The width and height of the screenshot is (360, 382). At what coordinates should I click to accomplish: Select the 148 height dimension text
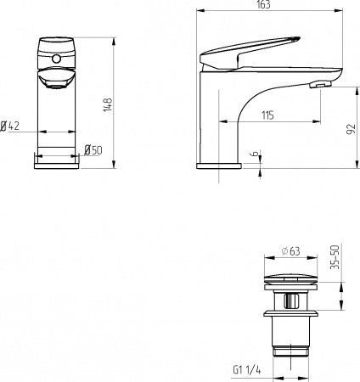pyautogui.click(x=108, y=104)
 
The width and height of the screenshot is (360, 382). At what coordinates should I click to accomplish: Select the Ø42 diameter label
pyautogui.click(x=10, y=126)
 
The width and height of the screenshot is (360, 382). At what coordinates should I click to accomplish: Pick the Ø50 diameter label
pyautogui.click(x=93, y=150)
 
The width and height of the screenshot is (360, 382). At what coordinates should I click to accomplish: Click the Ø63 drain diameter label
pyautogui.click(x=291, y=251)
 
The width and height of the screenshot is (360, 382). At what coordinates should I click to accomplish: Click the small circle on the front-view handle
pyautogui.click(x=57, y=59)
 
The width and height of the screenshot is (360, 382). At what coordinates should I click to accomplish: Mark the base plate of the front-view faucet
pyautogui.click(x=57, y=162)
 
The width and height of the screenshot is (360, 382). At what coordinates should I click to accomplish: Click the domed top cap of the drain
pyautogui.click(x=290, y=276)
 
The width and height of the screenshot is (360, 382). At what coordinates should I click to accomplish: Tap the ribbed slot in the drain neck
pyautogui.click(x=290, y=301)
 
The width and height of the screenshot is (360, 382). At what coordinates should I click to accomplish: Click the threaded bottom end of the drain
pyautogui.click(x=290, y=350)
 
